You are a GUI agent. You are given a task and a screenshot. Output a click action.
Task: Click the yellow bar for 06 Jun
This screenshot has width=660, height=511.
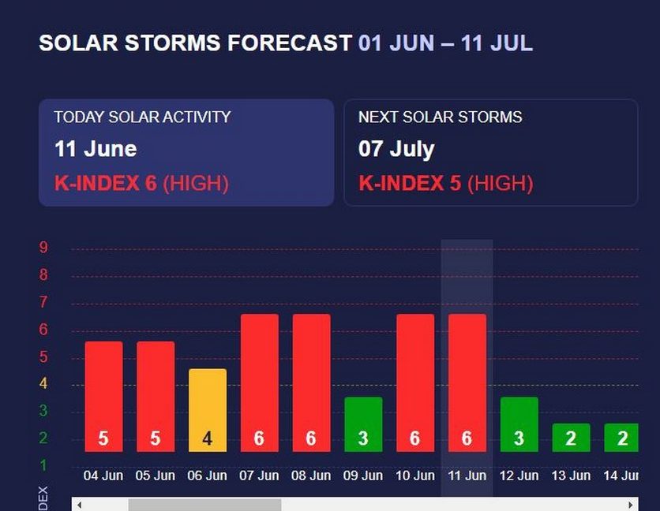coord(207,410)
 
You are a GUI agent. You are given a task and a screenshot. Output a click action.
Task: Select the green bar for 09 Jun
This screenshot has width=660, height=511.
coord(363,424)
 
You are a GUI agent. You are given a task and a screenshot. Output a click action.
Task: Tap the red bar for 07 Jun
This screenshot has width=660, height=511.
coord(259,382)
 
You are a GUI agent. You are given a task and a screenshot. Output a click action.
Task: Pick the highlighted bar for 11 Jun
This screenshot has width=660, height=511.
coord(467,382)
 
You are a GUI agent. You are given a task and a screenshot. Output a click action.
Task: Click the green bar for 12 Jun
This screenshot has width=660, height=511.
coord(519,424)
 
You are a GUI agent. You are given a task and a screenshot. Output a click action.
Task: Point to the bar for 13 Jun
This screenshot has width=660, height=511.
coord(571,438)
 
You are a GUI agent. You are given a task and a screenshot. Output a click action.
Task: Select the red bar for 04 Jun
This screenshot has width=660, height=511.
coord(103,396)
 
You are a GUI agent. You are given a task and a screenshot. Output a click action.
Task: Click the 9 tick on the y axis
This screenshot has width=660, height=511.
coord(43,248)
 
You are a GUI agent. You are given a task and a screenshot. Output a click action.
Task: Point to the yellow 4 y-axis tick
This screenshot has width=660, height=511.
coord(43,384)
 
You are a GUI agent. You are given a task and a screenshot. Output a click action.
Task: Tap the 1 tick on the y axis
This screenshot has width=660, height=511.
coord(43,465)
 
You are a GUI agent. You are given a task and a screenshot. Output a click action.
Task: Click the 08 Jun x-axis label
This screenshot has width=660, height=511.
coord(311,476)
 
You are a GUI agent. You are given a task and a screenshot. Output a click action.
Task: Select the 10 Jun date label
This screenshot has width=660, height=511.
coord(414,476)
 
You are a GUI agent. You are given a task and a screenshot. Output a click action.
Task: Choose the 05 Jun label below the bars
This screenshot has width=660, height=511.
coord(155,476)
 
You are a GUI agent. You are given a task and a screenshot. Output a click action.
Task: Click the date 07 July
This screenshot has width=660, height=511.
coord(396,149)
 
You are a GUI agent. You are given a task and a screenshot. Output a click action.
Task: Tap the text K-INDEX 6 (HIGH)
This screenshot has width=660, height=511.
coord(141,184)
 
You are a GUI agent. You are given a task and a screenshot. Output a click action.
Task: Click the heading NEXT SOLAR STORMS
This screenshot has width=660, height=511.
coord(440,117)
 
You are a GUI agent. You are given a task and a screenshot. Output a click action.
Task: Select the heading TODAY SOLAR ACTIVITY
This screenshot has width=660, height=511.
coord(142,117)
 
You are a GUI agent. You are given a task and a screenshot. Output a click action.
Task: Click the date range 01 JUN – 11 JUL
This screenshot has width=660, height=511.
coord(445,43)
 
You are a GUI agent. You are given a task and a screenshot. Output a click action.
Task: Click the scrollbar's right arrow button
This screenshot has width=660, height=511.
coord(631,505)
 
